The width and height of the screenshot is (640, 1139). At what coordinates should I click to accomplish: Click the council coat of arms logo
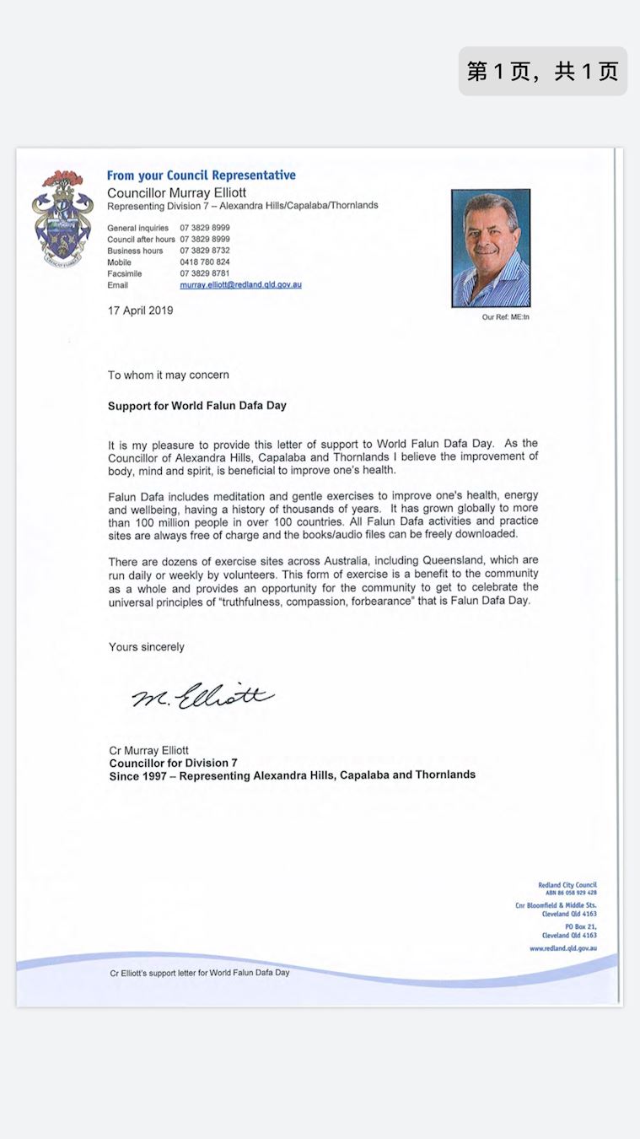(58, 219)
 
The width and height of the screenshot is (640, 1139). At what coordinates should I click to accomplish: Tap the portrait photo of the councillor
(491, 248)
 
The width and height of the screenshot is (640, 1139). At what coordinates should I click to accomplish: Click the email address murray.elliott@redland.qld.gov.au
(240, 285)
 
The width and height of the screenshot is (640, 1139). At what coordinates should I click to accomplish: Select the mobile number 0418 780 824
(205, 262)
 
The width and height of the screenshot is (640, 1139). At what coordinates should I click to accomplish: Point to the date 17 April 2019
(140, 310)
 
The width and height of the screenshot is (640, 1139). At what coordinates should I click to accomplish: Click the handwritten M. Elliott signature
(202, 697)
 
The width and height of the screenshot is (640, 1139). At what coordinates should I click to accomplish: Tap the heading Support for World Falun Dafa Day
(196, 406)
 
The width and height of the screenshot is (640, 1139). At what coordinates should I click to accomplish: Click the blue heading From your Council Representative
(201, 175)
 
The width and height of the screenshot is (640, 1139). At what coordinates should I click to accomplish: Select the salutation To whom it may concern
(168, 375)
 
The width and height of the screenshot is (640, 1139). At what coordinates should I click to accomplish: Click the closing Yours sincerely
(146, 647)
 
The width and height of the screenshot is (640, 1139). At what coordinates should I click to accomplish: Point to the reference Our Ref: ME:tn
(505, 317)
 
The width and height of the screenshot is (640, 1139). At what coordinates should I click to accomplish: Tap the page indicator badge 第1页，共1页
(542, 71)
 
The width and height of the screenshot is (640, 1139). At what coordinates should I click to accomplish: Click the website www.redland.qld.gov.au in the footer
(562, 948)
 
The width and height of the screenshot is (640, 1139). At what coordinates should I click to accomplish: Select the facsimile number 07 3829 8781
(205, 274)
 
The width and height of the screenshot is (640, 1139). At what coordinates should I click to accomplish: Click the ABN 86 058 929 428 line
(570, 893)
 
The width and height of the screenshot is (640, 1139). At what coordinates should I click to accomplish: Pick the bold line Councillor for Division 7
(174, 763)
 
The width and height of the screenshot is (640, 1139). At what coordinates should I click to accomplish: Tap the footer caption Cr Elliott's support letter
(199, 973)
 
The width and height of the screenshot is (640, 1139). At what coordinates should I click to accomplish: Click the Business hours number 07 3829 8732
(205, 251)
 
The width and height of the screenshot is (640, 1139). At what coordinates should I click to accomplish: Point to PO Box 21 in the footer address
(581, 926)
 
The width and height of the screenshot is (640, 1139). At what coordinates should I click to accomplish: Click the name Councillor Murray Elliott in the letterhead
(176, 193)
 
